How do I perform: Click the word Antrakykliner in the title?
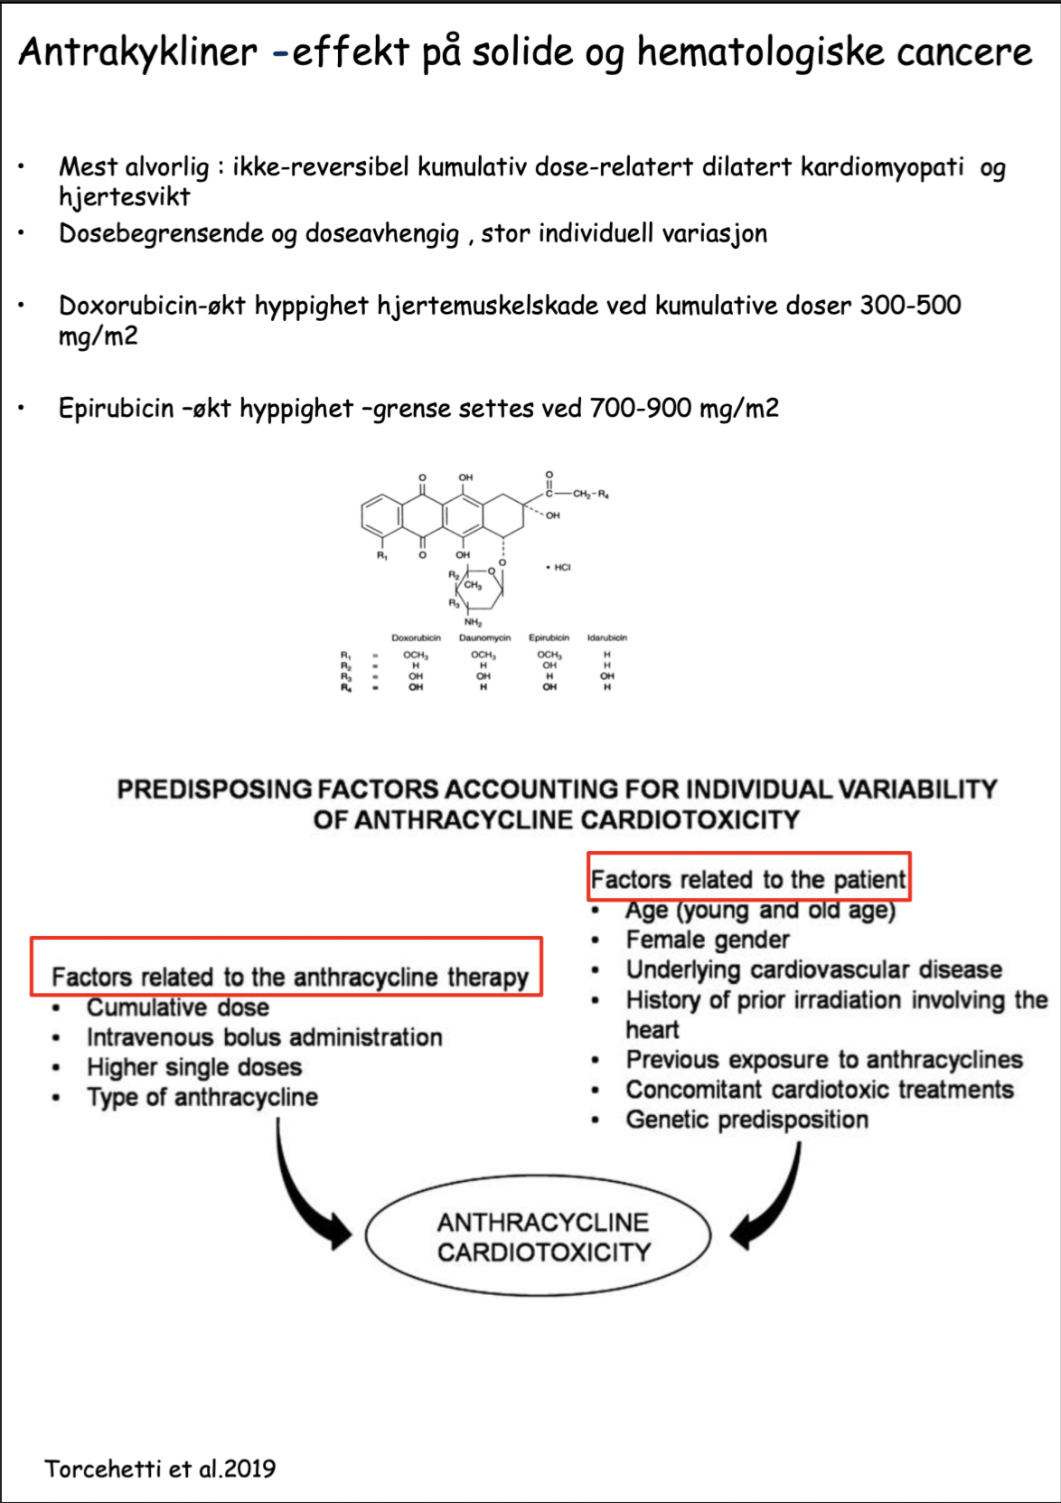click(137, 52)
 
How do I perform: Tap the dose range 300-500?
click(910, 306)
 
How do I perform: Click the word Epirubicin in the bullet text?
click(116, 408)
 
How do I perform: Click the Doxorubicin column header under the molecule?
click(416, 638)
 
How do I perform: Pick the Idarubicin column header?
click(606, 638)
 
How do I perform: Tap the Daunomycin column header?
click(484, 638)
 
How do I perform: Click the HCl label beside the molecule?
click(560, 567)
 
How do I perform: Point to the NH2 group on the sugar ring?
click(473, 622)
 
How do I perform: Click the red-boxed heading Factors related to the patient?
click(748, 879)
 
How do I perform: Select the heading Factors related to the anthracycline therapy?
click(289, 977)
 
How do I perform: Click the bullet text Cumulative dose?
click(177, 1007)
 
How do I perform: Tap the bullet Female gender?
click(708, 940)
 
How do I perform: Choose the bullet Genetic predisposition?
click(746, 1120)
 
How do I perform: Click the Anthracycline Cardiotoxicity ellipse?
click(542, 1237)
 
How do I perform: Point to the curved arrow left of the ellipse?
click(307, 1194)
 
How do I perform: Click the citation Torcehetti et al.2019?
click(160, 1469)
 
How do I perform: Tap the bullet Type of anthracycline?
click(202, 1097)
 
